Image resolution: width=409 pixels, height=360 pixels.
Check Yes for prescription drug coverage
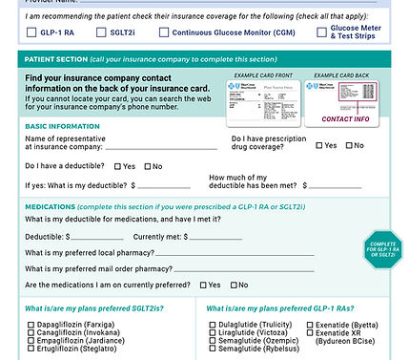click(319, 146)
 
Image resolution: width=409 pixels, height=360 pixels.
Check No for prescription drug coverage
click(348, 146)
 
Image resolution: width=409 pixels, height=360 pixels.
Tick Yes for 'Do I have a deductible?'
click(117, 166)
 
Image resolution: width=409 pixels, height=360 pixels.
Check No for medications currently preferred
click(233, 285)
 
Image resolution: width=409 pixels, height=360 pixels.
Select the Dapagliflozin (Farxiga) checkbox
click(31, 325)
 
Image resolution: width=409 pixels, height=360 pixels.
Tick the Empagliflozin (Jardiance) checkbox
click(31, 342)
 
